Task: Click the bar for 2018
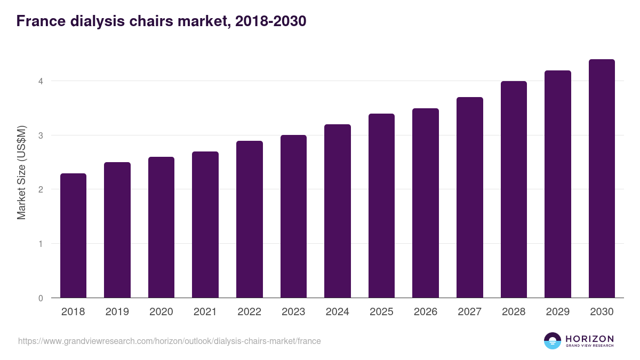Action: click(x=73, y=236)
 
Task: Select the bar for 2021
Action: click(x=205, y=225)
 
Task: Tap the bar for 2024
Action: click(x=337, y=211)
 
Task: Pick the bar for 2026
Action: click(x=425, y=203)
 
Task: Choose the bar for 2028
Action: click(x=514, y=189)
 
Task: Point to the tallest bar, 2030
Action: click(x=602, y=179)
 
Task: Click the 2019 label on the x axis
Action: click(x=117, y=312)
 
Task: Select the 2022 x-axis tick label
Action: click(x=249, y=312)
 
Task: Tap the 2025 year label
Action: click(x=381, y=312)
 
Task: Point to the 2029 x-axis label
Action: click(x=557, y=312)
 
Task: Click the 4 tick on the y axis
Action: click(x=40, y=81)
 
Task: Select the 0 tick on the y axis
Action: click(x=40, y=298)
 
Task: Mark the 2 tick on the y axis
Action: click(x=40, y=189)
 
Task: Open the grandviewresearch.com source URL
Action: click(x=170, y=341)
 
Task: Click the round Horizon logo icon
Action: click(x=553, y=341)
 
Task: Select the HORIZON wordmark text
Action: click(x=589, y=339)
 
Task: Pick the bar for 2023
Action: click(x=293, y=217)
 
